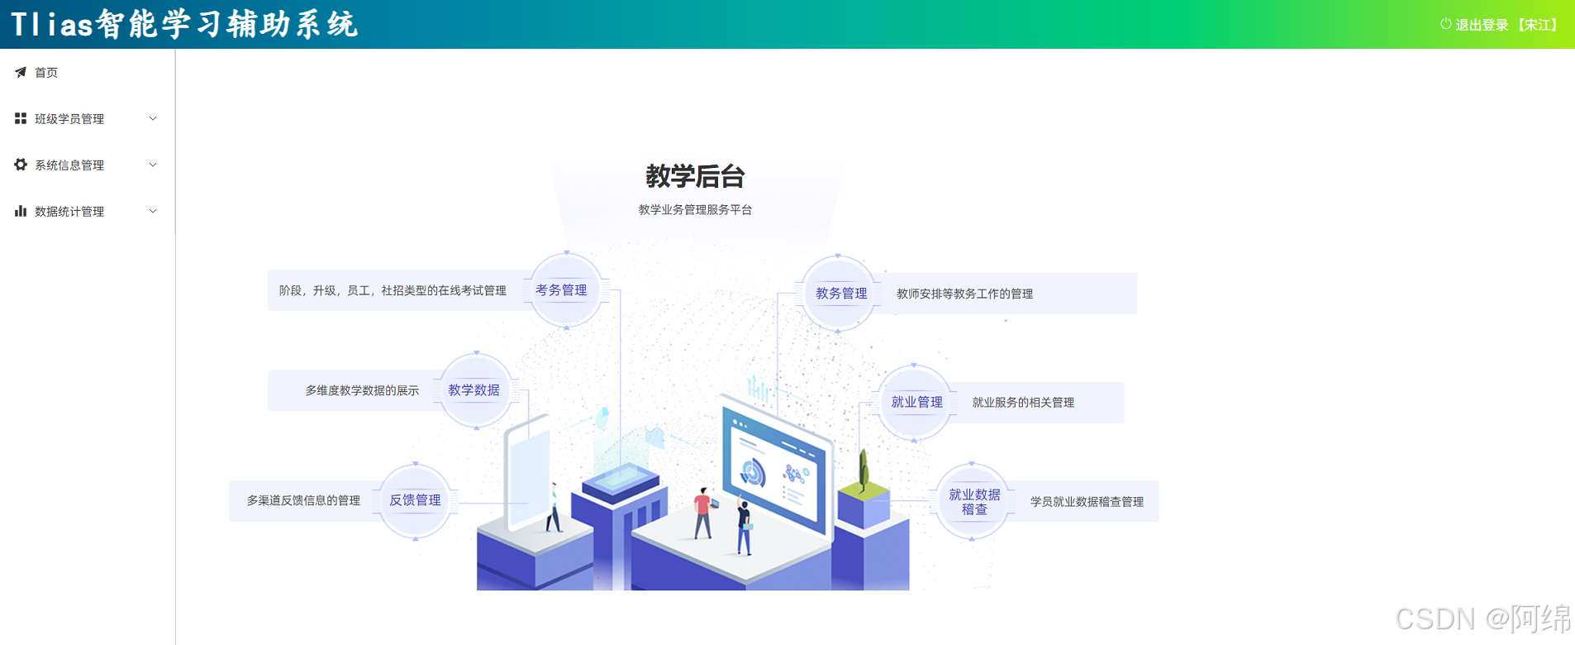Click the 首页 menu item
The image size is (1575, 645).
tap(46, 73)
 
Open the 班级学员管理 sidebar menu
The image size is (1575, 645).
tap(69, 119)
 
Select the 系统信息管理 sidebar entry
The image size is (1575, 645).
tap(69, 165)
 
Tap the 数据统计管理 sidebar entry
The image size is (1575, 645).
tap(69, 212)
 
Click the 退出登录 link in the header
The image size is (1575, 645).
tap(1481, 25)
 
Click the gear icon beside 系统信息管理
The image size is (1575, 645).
tap(21, 165)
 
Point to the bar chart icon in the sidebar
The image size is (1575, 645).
tap(21, 211)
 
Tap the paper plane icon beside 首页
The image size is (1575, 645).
tap(21, 73)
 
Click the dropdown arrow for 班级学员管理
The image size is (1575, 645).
tap(153, 119)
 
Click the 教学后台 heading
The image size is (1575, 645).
tap(695, 176)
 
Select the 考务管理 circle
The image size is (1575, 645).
tap(565, 290)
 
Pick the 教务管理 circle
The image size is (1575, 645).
tap(839, 294)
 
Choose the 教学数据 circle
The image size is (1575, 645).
tap(475, 390)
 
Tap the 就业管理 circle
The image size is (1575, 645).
tap(916, 403)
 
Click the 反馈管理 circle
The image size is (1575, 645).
tap(415, 500)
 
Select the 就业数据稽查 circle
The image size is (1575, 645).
tap(973, 501)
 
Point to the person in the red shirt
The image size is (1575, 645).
tap(702, 511)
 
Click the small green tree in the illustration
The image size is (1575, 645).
tap(864, 471)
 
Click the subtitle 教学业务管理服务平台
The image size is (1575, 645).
tap(695, 210)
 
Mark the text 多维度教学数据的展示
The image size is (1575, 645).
tap(362, 390)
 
